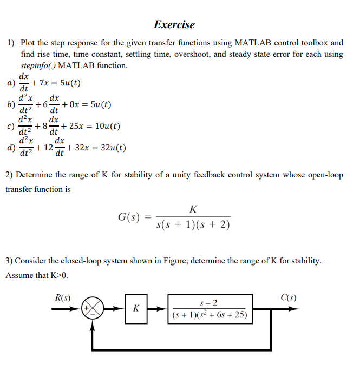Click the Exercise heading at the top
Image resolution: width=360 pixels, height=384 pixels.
(x=174, y=24)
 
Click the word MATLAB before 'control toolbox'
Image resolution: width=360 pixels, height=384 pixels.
(x=254, y=43)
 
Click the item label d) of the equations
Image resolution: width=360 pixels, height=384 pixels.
(x=10, y=147)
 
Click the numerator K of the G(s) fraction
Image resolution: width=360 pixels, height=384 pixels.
(x=193, y=209)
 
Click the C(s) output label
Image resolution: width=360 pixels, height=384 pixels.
(x=288, y=297)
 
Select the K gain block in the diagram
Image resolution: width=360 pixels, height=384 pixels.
(x=136, y=309)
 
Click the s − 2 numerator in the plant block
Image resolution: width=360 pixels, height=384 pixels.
(x=209, y=303)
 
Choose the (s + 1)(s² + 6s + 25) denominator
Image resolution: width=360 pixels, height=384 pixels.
(x=209, y=315)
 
